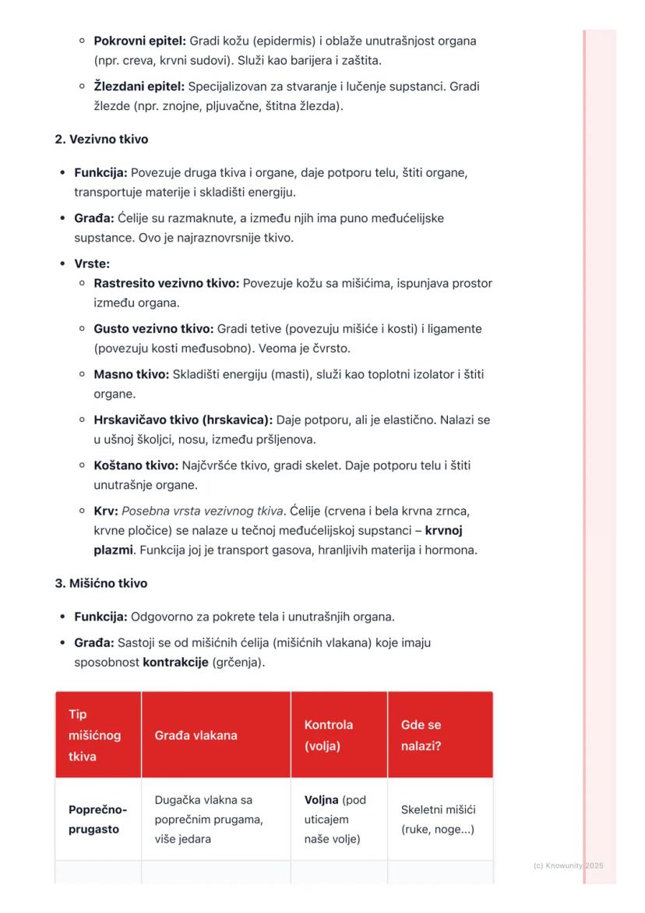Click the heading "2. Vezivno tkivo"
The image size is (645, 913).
[x=101, y=140]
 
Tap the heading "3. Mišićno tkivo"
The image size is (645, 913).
[x=100, y=583]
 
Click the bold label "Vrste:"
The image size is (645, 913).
[x=92, y=264]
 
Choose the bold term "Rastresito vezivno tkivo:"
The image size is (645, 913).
[x=166, y=283]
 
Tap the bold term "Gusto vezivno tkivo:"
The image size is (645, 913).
[x=153, y=329]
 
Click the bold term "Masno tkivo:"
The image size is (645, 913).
[x=131, y=374]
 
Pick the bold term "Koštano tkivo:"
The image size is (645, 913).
[x=136, y=465]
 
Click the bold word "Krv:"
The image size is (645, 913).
[x=106, y=511]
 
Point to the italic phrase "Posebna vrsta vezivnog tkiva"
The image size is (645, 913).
[x=203, y=511]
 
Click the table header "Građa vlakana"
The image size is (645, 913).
[x=196, y=735]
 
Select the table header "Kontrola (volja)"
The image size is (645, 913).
[x=328, y=735]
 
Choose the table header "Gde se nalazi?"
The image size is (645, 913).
[x=421, y=735]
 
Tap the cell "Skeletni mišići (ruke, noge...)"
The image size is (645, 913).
[x=437, y=819]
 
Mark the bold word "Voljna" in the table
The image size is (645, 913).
[x=321, y=800]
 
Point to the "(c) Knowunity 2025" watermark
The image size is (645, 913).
[x=569, y=865]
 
